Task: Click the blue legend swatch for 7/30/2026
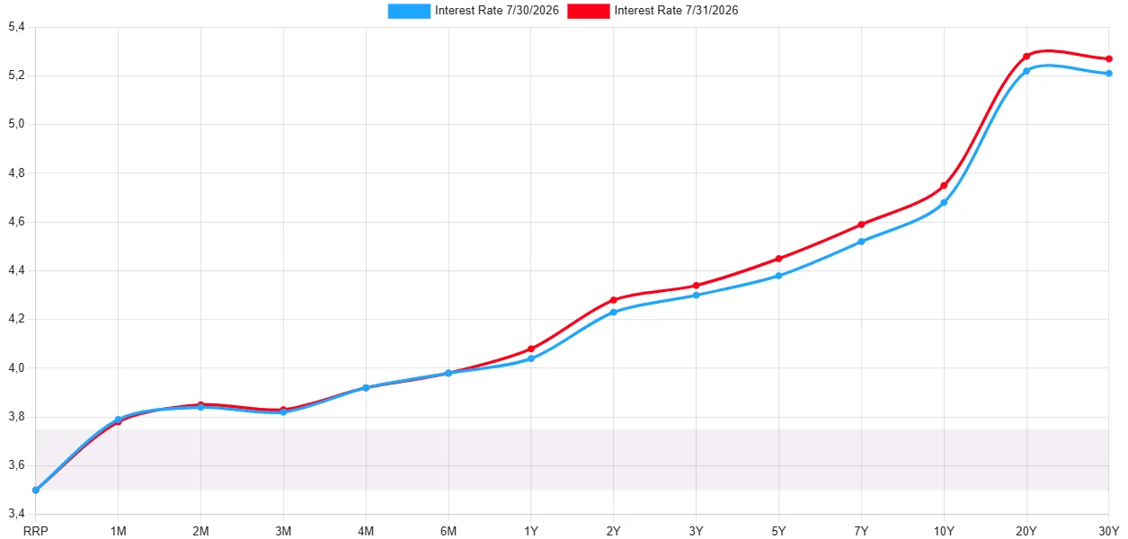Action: [x=409, y=11]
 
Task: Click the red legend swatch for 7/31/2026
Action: [x=588, y=11]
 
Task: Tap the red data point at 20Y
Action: [x=1026, y=57]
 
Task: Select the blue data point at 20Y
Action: [x=1026, y=71]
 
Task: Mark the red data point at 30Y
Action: [x=1109, y=59]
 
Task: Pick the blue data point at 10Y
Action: [x=944, y=203]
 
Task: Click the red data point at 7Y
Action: [x=861, y=225]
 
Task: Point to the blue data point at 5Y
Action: [x=778, y=276]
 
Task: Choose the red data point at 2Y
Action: [x=613, y=300]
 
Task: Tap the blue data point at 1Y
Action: [x=531, y=358]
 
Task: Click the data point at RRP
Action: [x=36, y=490]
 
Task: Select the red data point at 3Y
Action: [x=696, y=286]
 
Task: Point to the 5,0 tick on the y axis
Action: [x=16, y=124]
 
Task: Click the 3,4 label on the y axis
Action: [x=16, y=513]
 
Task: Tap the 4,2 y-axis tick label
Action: [x=16, y=319]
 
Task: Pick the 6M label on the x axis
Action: [x=449, y=531]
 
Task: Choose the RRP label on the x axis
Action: [x=36, y=531]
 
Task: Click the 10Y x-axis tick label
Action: [x=944, y=531]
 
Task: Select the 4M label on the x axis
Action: [x=366, y=531]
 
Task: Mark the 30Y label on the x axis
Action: [x=1108, y=531]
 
